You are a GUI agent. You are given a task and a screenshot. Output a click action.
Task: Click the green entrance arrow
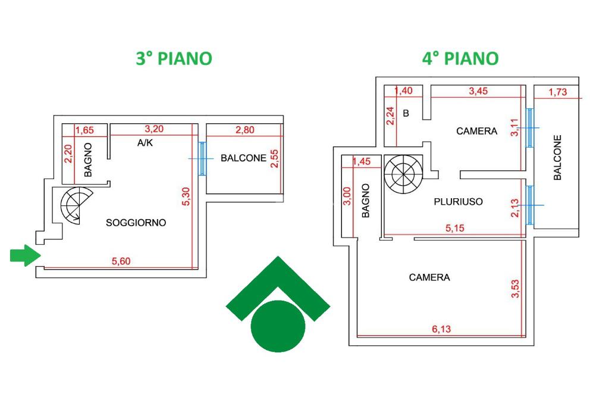tap(25, 255)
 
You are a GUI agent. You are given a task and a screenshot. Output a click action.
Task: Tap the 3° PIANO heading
tap(174, 58)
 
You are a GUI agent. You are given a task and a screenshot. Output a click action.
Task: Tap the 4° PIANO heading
tap(460, 58)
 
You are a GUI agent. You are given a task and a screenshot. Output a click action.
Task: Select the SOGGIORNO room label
tap(136, 223)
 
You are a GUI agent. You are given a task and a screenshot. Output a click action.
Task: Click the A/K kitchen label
tap(145, 143)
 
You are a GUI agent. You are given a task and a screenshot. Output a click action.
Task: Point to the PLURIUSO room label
tap(459, 201)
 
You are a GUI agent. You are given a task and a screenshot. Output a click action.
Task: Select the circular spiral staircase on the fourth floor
tap(403, 174)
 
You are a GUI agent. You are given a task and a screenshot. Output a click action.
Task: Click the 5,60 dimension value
tap(121, 261)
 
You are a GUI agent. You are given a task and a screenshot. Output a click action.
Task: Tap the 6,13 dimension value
tap(441, 329)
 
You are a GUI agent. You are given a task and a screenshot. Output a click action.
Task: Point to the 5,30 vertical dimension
tap(186, 196)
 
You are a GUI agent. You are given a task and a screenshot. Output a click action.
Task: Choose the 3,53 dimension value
tap(515, 289)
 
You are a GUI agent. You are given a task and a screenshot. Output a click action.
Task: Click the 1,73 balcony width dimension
tap(558, 92)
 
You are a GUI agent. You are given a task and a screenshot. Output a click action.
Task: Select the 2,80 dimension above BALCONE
tap(244, 130)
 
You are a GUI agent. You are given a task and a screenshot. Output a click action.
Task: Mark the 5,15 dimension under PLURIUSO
tap(455, 228)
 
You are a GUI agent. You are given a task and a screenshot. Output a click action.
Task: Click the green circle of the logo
tap(278, 326)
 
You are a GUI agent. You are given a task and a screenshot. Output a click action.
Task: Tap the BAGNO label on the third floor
tap(88, 160)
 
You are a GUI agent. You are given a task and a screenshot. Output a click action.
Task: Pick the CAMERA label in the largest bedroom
tap(429, 277)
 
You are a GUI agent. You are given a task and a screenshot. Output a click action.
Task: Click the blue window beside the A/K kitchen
tap(202, 158)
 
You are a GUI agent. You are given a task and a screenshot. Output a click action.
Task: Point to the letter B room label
tap(406, 113)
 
